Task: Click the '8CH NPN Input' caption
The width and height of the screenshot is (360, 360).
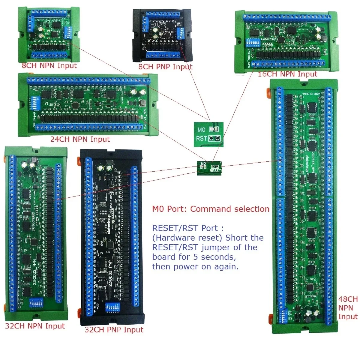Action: point(49,66)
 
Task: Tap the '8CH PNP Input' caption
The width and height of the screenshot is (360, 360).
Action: point(165,67)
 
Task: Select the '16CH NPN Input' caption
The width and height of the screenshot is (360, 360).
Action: point(287,74)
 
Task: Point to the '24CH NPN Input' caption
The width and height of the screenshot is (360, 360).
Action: point(80,139)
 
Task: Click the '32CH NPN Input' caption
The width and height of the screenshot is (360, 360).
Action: point(35,326)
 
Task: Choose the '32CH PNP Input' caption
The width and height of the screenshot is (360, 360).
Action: point(114,330)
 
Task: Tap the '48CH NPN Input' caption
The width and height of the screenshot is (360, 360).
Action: point(348,308)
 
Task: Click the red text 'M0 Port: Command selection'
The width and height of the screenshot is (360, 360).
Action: point(211,209)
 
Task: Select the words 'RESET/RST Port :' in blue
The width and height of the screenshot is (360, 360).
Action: point(188,228)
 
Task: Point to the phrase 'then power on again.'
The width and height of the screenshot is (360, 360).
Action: point(195,267)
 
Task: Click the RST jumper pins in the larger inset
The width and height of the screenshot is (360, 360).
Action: point(214,138)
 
